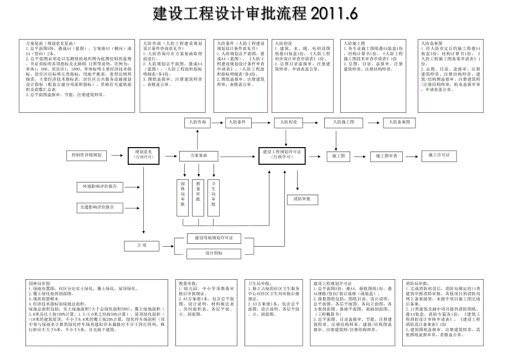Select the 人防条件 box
239,122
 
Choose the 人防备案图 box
399,122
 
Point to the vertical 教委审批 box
198,197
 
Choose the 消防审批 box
302,198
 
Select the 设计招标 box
214,253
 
